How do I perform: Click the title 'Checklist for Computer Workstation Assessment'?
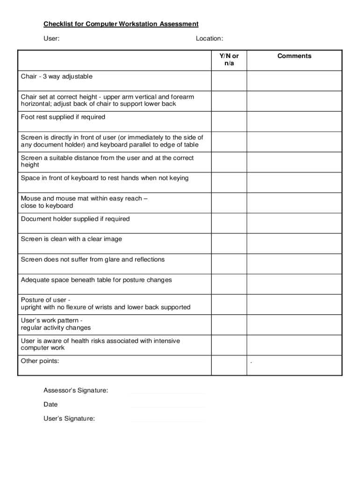(x=121, y=24)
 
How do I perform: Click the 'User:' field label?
(x=51, y=38)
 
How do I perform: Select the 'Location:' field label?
(x=209, y=38)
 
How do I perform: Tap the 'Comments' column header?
(x=294, y=56)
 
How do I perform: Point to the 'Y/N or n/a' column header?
(x=229, y=59)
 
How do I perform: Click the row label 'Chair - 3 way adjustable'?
(x=57, y=76)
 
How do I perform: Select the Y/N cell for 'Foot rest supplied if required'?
(x=229, y=121)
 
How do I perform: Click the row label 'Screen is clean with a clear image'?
(x=72, y=239)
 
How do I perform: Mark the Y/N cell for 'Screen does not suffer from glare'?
(x=229, y=264)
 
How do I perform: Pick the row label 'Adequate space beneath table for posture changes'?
(x=96, y=280)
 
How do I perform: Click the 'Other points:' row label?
(x=40, y=361)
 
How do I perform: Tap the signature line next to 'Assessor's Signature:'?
(x=168, y=392)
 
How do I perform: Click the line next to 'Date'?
(x=168, y=406)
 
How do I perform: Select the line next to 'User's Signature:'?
(x=168, y=421)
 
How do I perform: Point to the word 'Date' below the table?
(x=50, y=404)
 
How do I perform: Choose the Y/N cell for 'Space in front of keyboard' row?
(x=229, y=182)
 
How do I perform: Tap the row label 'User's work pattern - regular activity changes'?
(x=56, y=324)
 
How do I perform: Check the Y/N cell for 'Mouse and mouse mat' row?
(x=229, y=203)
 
